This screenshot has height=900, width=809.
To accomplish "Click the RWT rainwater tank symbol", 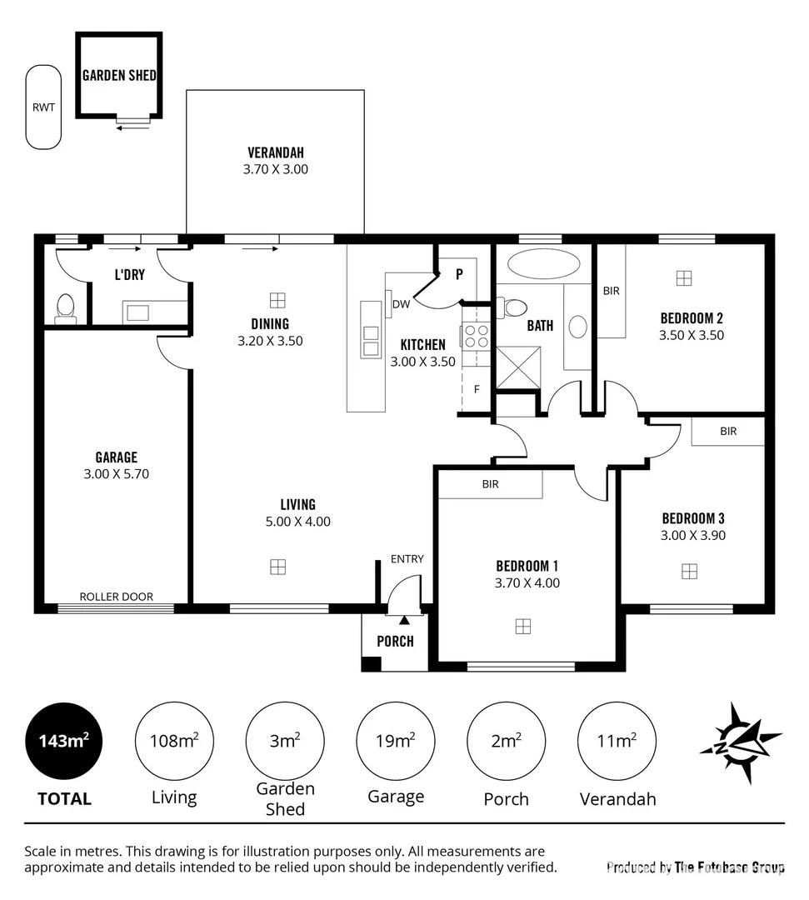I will click(42, 107).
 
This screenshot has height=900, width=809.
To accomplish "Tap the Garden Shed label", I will click(118, 75).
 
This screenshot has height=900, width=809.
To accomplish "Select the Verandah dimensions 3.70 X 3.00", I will click(275, 168).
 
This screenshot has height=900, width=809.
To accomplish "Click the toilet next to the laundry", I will click(65, 308).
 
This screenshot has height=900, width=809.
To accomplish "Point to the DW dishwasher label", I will click(402, 304).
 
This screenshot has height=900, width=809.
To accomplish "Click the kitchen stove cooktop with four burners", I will click(477, 336).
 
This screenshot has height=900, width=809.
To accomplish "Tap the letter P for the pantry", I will click(458, 273).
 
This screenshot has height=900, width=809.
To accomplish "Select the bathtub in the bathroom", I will click(543, 264).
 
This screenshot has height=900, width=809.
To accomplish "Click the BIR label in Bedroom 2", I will click(611, 291).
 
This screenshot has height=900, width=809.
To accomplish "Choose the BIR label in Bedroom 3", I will click(728, 432).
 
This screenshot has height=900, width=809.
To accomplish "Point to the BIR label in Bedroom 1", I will click(490, 483).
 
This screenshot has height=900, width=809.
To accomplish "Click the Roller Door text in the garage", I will click(116, 596).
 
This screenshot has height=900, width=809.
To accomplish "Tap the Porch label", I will click(395, 641).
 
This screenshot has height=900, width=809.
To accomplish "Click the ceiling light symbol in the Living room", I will click(277, 567).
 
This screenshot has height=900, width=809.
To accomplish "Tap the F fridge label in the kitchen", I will click(476, 388).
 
